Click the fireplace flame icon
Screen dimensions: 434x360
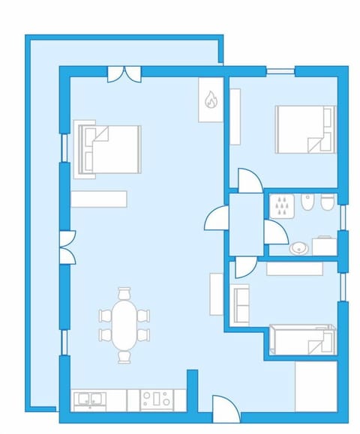(x=211, y=99)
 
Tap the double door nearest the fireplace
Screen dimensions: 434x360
(x=124, y=73)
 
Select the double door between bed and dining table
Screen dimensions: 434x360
(x=67, y=248)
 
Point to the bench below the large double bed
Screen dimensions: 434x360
(x=99, y=199)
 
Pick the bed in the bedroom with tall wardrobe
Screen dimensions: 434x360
(x=304, y=129)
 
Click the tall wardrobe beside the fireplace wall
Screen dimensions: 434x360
(x=235, y=116)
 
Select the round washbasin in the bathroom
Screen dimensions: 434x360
(x=298, y=247)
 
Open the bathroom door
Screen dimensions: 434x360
(x=274, y=232)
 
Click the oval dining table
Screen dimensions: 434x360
(x=124, y=324)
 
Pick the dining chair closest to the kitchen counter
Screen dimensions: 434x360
(x=124, y=357)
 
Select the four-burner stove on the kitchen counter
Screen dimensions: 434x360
(x=157, y=400)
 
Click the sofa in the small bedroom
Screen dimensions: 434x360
(x=240, y=304)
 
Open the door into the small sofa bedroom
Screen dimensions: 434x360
(x=246, y=266)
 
